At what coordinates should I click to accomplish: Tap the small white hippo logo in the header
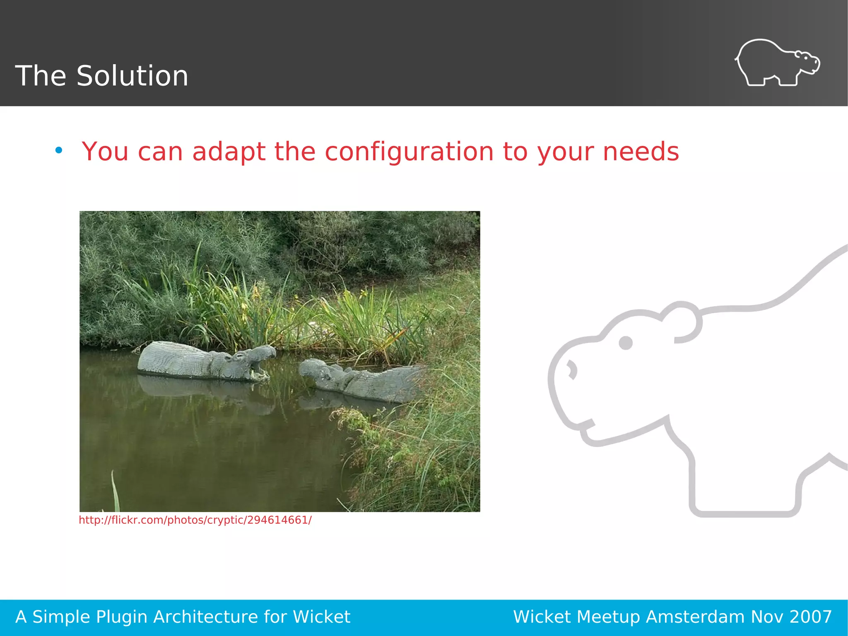pos(777,63)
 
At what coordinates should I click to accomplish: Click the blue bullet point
pos(59,150)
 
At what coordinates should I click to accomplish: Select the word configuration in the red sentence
pos(409,152)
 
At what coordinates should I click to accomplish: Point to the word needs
pos(641,152)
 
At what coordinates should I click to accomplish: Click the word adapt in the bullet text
pos(229,152)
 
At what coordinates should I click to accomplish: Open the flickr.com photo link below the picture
pos(195,520)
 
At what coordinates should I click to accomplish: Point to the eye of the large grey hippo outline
pos(625,343)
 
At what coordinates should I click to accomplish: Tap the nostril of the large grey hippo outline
pos(572,369)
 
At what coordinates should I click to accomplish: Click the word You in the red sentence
pos(105,152)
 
